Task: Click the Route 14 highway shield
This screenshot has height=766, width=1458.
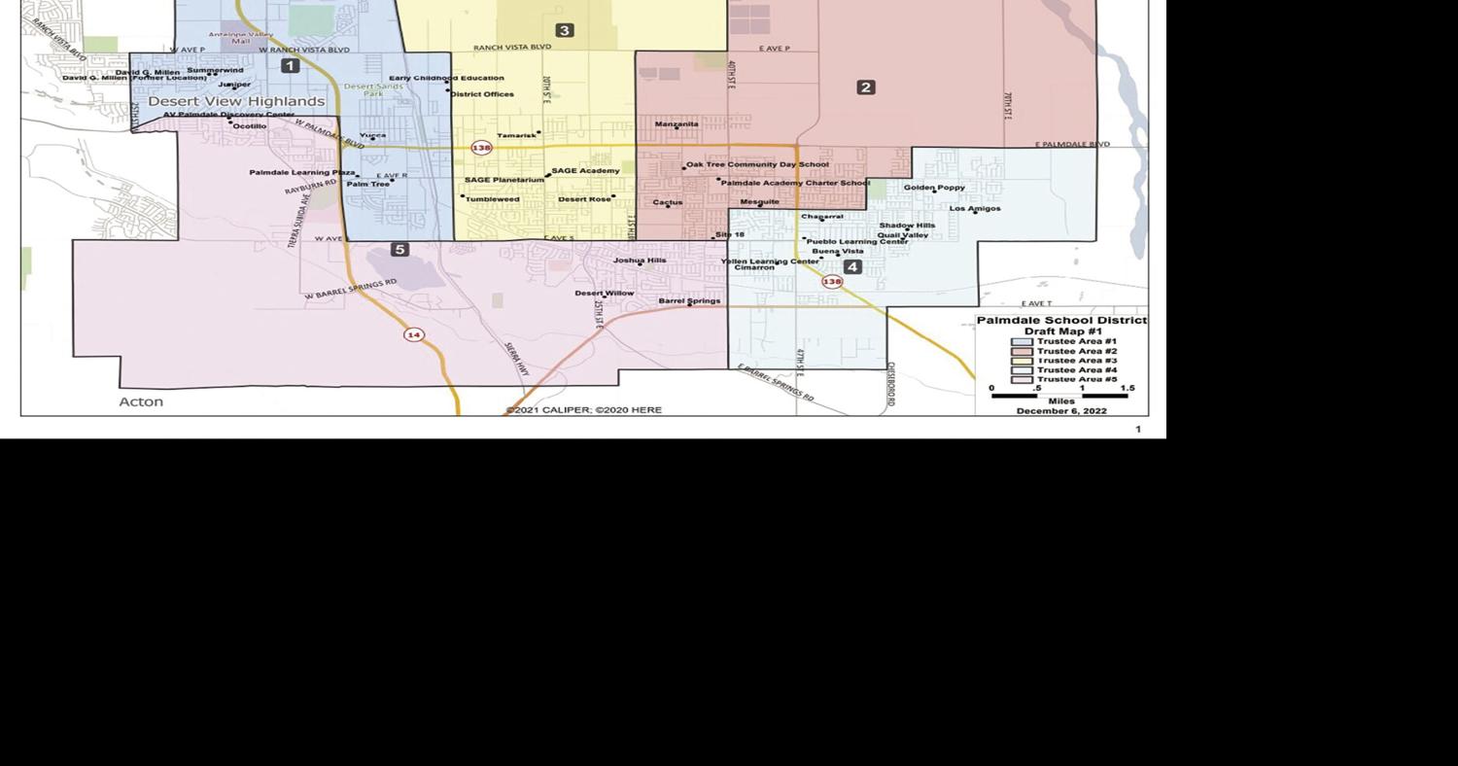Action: (x=414, y=334)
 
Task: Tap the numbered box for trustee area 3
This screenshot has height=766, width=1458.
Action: (x=564, y=30)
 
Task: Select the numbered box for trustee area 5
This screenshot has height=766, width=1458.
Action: (x=399, y=250)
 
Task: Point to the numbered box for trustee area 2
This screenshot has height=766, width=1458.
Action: (x=866, y=87)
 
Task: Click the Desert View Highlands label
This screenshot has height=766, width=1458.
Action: (x=236, y=101)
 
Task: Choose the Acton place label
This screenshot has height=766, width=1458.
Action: (x=141, y=401)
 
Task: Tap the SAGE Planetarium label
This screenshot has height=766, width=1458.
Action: (x=504, y=180)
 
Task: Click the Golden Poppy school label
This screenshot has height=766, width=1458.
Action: (x=934, y=188)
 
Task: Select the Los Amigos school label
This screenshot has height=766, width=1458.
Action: (x=975, y=208)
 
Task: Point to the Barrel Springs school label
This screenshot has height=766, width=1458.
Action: (x=689, y=301)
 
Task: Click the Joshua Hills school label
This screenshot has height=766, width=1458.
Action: (x=640, y=261)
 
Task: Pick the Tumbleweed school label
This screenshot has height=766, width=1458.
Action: (x=492, y=199)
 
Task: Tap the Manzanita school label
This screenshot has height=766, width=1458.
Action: (x=677, y=124)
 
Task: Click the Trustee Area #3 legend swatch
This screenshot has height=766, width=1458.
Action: (x=1022, y=361)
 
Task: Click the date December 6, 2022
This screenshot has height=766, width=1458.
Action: (x=1061, y=411)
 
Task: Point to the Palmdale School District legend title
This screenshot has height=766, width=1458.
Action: (x=1061, y=320)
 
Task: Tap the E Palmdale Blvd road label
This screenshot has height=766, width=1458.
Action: (x=1072, y=145)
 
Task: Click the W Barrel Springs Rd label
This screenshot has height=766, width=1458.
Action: (x=350, y=289)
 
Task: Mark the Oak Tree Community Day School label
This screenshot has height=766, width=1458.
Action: (x=757, y=165)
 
